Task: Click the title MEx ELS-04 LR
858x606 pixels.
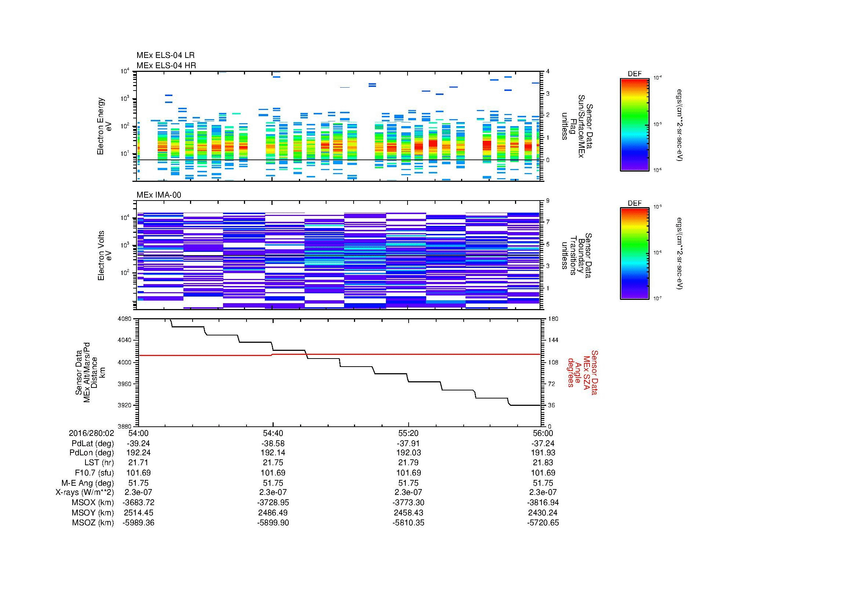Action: pyautogui.click(x=165, y=55)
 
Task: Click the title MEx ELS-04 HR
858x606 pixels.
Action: pyautogui.click(x=166, y=65)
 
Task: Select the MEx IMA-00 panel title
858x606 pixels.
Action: pyautogui.click(x=158, y=195)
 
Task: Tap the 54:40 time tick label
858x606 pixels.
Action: pyautogui.click(x=273, y=433)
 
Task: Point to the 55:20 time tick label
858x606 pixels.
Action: pyautogui.click(x=408, y=433)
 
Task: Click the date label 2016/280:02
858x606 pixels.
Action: pyautogui.click(x=91, y=433)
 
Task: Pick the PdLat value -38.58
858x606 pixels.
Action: pyautogui.click(x=273, y=443)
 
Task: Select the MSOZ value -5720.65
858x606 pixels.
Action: pyautogui.click(x=543, y=523)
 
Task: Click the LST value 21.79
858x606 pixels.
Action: pyautogui.click(x=408, y=463)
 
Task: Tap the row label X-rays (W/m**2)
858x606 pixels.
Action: pyautogui.click(x=84, y=492)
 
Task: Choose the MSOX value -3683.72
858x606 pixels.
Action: pyautogui.click(x=138, y=503)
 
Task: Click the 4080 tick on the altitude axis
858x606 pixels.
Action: pyautogui.click(x=125, y=319)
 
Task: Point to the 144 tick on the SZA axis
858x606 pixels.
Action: pyautogui.click(x=553, y=340)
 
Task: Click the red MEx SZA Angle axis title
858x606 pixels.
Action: pyautogui.click(x=582, y=372)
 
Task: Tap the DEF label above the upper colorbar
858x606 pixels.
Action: pyautogui.click(x=634, y=74)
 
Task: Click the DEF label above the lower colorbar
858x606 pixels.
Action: pyautogui.click(x=634, y=203)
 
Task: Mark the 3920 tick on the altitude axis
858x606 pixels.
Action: pyautogui.click(x=125, y=405)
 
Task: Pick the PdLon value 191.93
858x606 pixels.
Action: pyautogui.click(x=543, y=453)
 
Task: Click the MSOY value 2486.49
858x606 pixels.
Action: pyautogui.click(x=273, y=513)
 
